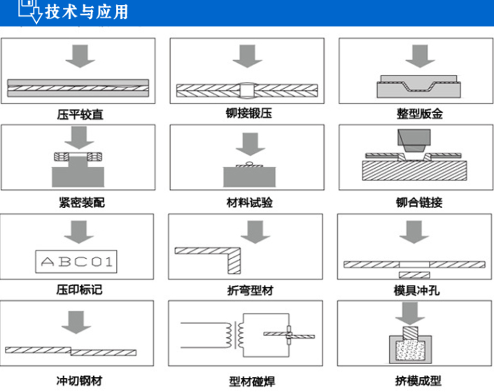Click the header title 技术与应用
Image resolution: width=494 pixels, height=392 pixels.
pyautogui.click(x=86, y=12)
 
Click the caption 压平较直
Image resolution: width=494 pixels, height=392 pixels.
pyautogui.click(x=80, y=114)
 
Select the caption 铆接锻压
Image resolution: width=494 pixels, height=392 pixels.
pyautogui.click(x=249, y=113)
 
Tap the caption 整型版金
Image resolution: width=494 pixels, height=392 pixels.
pyautogui.click(x=420, y=114)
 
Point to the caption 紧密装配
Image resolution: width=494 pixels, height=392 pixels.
pyautogui.click(x=82, y=202)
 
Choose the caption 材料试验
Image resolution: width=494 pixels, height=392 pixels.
pyautogui.click(x=250, y=202)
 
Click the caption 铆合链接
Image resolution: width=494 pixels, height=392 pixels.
pyautogui.click(x=419, y=202)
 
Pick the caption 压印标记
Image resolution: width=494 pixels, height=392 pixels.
pyautogui.click(x=79, y=290)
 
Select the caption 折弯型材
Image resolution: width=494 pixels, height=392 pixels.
pyautogui.click(x=250, y=290)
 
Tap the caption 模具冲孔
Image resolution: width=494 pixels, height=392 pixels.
pyautogui.click(x=416, y=290)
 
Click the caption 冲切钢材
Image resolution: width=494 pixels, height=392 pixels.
pyautogui.click(x=79, y=381)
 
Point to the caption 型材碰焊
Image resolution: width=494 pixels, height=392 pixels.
pyautogui.click(x=252, y=381)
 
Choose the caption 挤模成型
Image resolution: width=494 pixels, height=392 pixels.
pyautogui.click(x=418, y=381)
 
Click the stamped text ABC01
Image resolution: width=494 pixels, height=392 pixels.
pyautogui.click(x=76, y=262)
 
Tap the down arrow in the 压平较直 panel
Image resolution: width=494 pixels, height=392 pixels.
pyautogui.click(x=80, y=56)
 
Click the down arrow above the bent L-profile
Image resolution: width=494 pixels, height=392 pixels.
pyautogui.click(x=255, y=232)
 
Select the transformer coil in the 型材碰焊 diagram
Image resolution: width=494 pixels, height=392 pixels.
pyautogui.click(x=234, y=335)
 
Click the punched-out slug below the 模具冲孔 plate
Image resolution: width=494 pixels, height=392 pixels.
pyautogui.click(x=414, y=275)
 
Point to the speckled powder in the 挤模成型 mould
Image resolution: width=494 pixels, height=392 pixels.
pyautogui.click(x=410, y=350)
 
